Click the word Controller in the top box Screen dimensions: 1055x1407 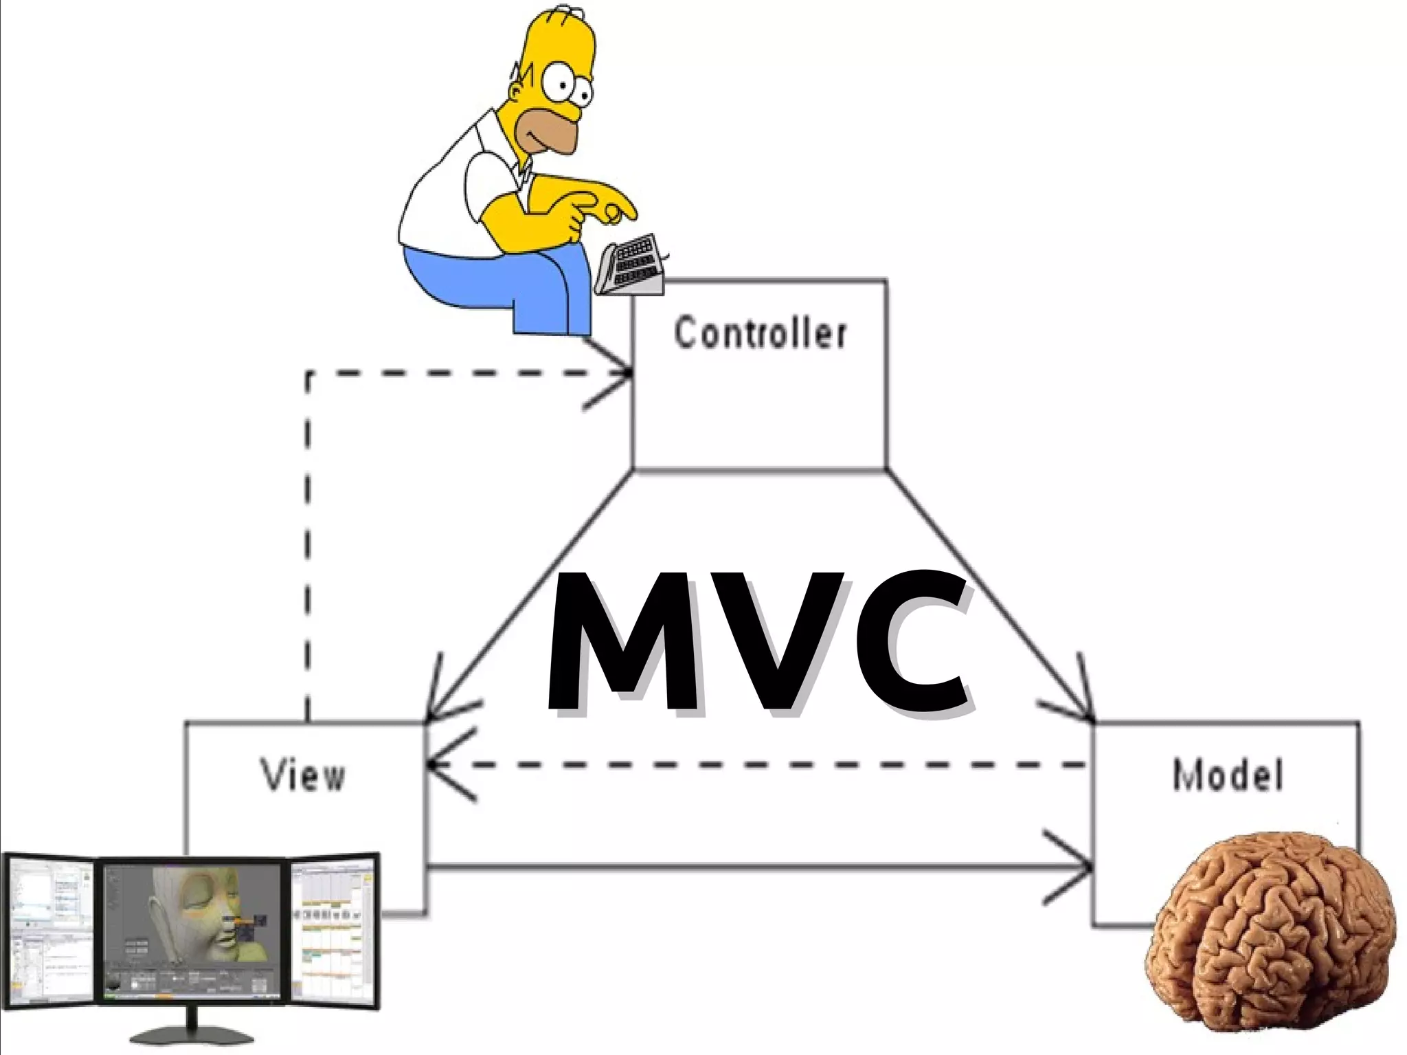[760, 333]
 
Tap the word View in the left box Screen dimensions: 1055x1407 [303, 775]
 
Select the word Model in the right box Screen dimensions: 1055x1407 [1227, 775]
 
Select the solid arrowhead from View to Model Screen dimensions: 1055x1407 [1079, 868]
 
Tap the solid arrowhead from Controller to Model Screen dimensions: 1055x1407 [1082, 708]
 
